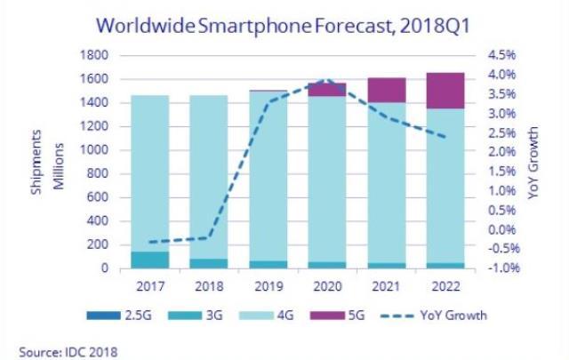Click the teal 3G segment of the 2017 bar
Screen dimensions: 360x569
point(148,259)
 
